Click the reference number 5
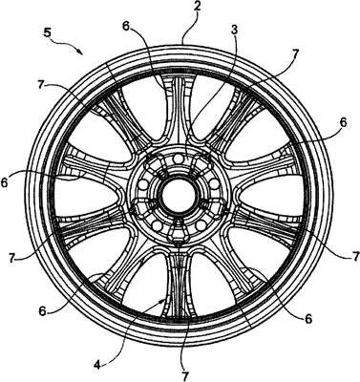point(47,32)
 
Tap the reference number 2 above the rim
point(198,8)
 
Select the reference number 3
point(235,32)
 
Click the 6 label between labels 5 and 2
point(126,27)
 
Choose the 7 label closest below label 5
point(40,85)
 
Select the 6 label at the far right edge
point(343,122)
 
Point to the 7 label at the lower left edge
point(11,258)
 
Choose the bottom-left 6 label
point(42,311)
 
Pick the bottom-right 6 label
point(308,319)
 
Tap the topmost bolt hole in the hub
point(180,159)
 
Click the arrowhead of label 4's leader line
point(163,300)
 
